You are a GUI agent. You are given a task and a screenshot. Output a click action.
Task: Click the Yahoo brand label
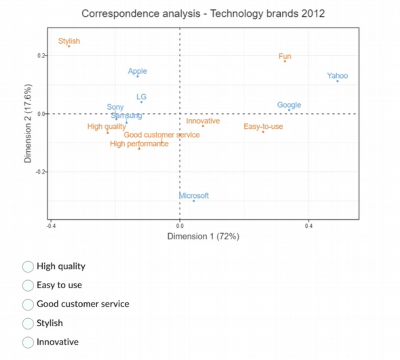(x=337, y=76)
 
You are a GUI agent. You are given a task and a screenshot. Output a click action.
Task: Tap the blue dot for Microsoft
(x=194, y=201)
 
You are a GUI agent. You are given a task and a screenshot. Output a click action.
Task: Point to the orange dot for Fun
(x=285, y=61)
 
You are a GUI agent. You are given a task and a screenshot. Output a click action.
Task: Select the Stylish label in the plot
(x=69, y=41)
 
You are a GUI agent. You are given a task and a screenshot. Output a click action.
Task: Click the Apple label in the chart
(x=137, y=71)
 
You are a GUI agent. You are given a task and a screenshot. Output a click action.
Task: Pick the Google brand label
(x=289, y=105)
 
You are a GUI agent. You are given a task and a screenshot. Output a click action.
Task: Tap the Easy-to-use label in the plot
(x=263, y=127)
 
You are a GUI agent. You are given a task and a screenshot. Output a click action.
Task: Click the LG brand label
(x=141, y=97)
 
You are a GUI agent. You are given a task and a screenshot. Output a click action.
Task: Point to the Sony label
(x=115, y=107)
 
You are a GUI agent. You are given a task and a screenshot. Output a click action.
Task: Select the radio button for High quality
(x=28, y=267)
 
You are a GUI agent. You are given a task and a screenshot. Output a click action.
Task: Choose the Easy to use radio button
(x=28, y=285)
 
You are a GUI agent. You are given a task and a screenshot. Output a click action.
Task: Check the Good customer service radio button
(x=28, y=304)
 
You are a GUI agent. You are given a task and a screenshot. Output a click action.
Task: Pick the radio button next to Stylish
(x=28, y=323)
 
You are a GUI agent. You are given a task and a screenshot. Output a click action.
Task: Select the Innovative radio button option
(x=28, y=342)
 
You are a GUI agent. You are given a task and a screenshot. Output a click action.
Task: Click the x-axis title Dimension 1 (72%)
(x=203, y=236)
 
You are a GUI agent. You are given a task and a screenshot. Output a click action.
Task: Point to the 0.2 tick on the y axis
(x=41, y=56)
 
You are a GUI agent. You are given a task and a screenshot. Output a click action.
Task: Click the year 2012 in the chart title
(x=312, y=14)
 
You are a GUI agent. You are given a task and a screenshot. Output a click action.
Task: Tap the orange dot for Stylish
(x=69, y=46)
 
